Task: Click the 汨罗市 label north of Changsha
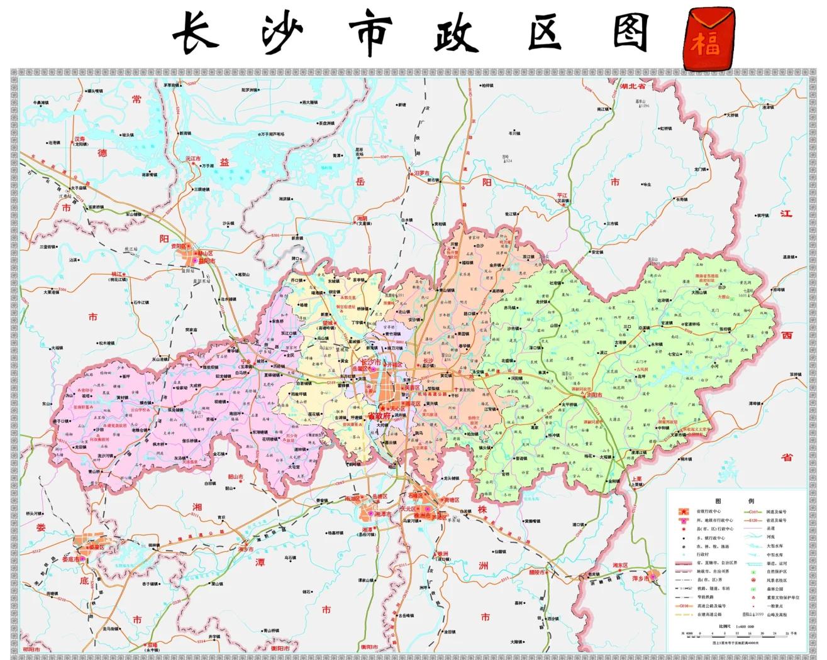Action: point(422,173)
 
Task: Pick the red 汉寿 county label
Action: point(80,139)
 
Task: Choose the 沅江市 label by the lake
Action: point(192,159)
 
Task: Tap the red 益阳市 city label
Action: point(207,261)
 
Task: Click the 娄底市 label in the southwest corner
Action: point(71,559)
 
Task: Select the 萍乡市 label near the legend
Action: point(640,578)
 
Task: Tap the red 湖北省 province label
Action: point(632,87)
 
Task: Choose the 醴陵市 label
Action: point(536,573)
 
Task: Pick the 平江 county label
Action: point(562,195)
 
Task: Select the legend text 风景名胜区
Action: point(776,580)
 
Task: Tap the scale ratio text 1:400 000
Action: point(747,627)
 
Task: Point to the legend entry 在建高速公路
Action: point(709,614)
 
